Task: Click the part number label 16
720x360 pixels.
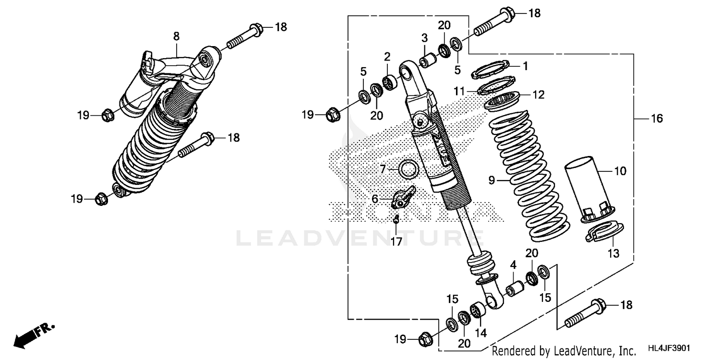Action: (656, 119)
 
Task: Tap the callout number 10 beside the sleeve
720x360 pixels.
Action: (620, 170)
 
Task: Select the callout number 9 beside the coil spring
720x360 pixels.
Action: (491, 180)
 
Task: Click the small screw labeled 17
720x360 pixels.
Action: (396, 220)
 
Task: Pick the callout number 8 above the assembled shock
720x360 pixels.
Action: (176, 36)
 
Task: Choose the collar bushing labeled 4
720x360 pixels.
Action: (515, 289)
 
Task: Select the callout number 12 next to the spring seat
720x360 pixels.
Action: (538, 95)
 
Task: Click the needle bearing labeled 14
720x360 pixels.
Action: (479, 311)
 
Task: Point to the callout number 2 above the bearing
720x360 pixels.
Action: (387, 57)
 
